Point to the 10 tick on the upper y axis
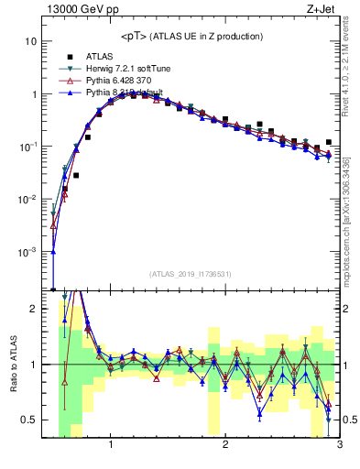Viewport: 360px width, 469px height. (31, 42)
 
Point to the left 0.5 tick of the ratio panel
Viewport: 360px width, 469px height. (29, 420)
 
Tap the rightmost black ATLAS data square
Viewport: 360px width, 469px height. (328, 142)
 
